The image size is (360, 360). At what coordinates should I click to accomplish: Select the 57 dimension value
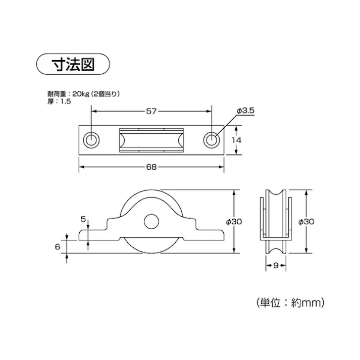[151, 112]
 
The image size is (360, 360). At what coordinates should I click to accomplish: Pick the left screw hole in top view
[91, 140]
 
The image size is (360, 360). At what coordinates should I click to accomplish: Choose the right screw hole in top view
[211, 140]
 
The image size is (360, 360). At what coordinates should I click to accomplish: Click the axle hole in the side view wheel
[151, 221]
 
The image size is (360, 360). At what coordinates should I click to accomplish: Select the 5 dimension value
[84, 219]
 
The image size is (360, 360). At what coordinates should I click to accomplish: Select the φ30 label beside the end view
[308, 222]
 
